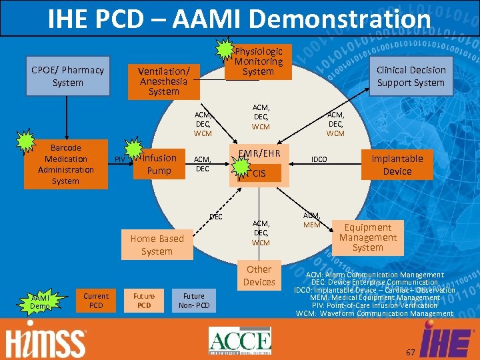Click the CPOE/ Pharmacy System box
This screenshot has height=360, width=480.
click(58, 77)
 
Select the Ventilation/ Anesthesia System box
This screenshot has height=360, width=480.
click(163, 81)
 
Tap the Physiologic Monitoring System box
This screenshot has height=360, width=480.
click(258, 61)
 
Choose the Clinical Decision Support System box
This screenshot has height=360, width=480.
click(410, 76)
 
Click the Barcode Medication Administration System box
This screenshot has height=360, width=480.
click(65, 164)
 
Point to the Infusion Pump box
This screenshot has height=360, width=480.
click(159, 165)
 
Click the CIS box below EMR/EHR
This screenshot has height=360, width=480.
click(259, 174)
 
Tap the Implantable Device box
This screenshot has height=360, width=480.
click(397, 165)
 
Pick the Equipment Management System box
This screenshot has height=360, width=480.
click(367, 237)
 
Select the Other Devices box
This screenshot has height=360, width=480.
click(259, 275)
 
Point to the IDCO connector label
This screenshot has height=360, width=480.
click(319, 159)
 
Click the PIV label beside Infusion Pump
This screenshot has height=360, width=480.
click(120, 159)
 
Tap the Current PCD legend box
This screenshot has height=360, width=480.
click(96, 301)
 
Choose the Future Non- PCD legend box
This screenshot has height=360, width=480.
click(194, 301)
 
